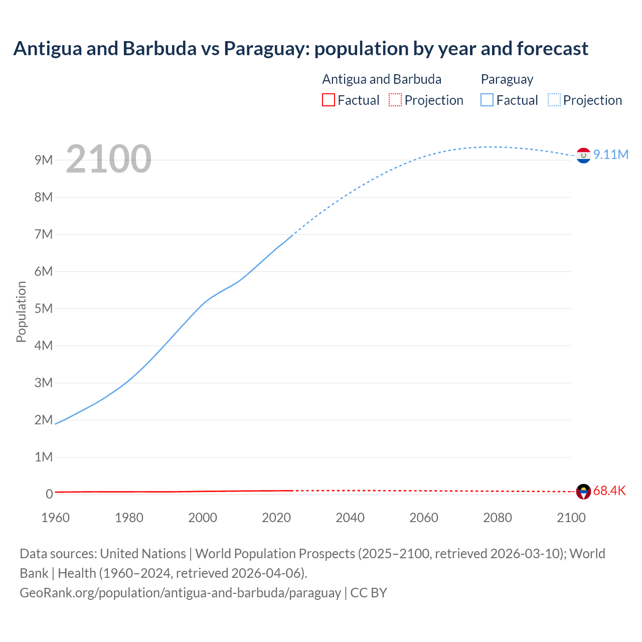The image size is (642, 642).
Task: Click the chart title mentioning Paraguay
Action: (x=300, y=49)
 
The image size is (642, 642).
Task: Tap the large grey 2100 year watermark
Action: (x=108, y=159)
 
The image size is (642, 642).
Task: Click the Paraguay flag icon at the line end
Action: (x=583, y=155)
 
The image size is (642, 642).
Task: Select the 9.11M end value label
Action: (x=610, y=154)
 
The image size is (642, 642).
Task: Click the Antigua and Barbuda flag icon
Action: (x=583, y=492)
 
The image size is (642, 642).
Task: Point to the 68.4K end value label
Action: (x=609, y=491)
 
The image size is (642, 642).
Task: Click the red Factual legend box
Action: (x=329, y=100)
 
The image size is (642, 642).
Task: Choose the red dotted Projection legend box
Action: (x=395, y=100)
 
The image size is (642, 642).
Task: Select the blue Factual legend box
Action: (x=487, y=100)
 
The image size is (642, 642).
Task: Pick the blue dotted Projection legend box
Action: (x=554, y=100)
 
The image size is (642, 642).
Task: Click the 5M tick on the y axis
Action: (x=44, y=308)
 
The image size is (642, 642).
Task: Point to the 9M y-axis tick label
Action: (x=44, y=160)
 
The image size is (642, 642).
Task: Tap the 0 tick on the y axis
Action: (x=49, y=494)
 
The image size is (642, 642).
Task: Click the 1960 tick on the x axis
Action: (x=56, y=518)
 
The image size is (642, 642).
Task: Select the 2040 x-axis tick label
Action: (x=350, y=518)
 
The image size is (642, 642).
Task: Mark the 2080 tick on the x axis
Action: (x=498, y=518)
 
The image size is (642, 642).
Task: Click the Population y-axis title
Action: (x=21, y=311)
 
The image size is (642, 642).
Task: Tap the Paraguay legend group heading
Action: (x=507, y=79)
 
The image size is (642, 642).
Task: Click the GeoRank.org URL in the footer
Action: (x=180, y=593)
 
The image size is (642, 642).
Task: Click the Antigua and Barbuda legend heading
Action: (x=382, y=79)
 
